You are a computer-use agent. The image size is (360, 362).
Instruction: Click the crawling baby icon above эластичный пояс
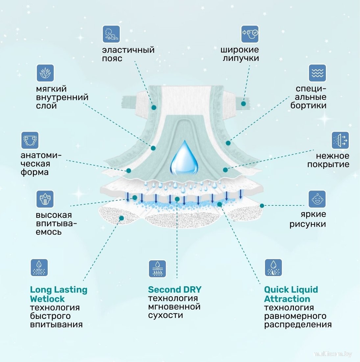tap(111, 34)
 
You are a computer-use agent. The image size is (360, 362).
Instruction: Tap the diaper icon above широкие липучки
tap(250, 34)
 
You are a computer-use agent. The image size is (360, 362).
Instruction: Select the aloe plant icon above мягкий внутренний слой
tap(45, 73)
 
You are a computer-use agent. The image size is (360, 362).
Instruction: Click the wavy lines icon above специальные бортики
tap(317, 73)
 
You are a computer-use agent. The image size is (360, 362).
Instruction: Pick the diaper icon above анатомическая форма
tap(30, 141)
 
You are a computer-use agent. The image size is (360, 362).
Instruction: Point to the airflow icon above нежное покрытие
tap(340, 141)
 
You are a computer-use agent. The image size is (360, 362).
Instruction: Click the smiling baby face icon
tap(317, 199)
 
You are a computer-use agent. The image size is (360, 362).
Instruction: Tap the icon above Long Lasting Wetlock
tap(39, 268)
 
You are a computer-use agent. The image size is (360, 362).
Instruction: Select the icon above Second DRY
tap(157, 269)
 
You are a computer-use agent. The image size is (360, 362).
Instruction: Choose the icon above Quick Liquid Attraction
tap(273, 268)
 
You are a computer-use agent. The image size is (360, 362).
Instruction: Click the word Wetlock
tap(47, 299)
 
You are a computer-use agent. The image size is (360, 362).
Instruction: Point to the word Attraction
tap(287, 299)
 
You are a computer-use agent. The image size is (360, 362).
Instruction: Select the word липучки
tap(241, 58)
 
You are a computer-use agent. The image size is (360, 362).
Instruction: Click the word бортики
tap(308, 106)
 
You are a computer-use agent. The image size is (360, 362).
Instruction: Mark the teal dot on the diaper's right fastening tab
tap(243, 104)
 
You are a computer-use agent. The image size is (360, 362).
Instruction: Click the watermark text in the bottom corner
tap(333, 354)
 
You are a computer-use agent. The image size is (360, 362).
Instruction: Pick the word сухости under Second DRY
tap(166, 315)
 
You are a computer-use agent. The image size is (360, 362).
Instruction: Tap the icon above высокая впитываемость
tap(45, 199)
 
